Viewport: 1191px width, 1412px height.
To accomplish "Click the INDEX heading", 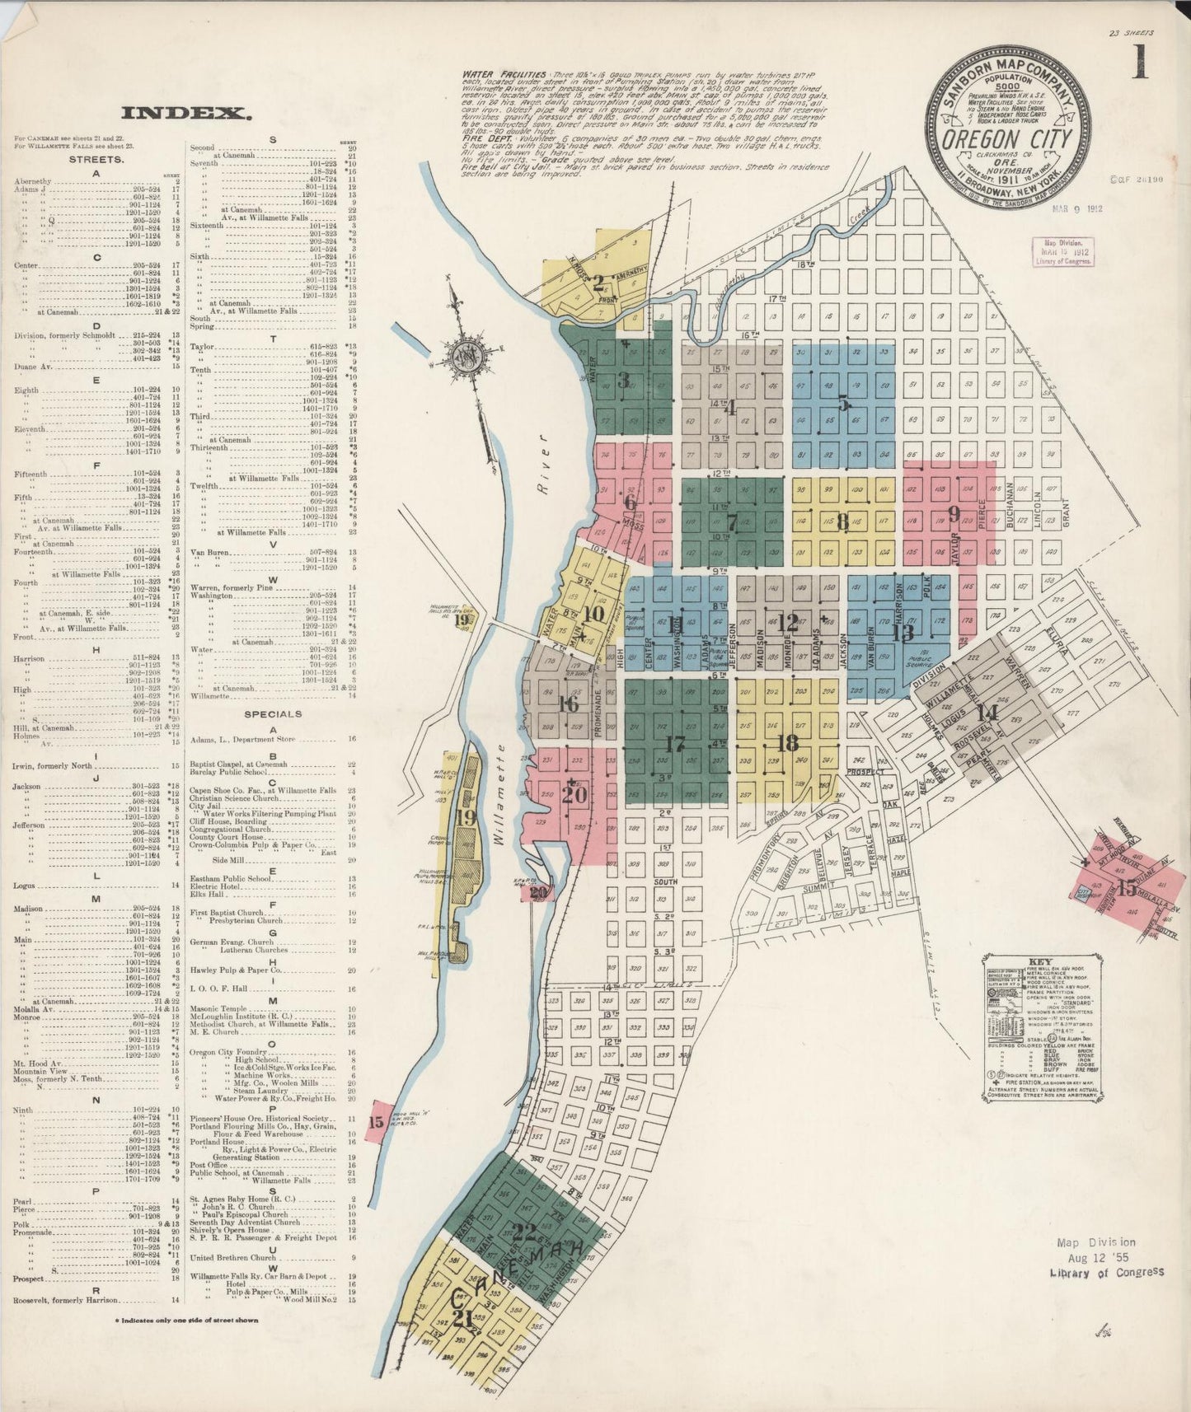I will [x=185, y=114].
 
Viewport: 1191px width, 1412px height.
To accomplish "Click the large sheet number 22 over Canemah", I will [x=523, y=1232].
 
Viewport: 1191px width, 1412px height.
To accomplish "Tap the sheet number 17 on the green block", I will [x=674, y=744].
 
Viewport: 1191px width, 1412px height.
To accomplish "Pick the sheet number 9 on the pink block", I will [x=954, y=514].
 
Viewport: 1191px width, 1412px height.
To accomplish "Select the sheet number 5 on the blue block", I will [x=843, y=404].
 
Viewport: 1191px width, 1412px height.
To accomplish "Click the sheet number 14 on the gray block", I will [x=987, y=713].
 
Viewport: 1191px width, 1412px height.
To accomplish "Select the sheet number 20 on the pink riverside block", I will [x=574, y=794].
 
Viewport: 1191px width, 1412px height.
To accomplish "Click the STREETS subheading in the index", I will [x=97, y=159].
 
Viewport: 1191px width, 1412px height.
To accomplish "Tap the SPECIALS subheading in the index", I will [x=273, y=713].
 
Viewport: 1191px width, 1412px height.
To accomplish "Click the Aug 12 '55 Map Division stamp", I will [x=1107, y=1257].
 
